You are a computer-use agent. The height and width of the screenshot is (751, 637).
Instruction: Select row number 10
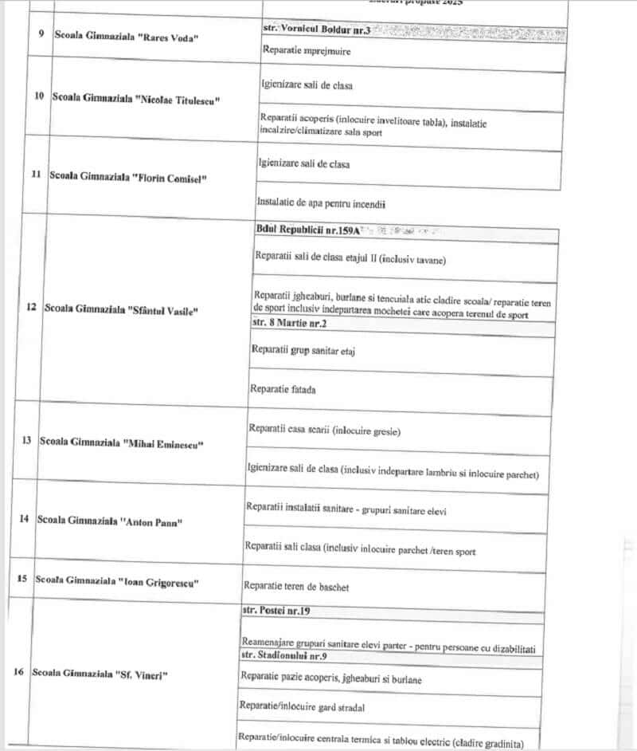[39, 96]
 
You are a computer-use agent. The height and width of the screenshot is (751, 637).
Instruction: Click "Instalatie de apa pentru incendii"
[322, 204]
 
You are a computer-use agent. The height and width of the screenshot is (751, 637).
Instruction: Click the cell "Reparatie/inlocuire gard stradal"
[297, 706]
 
